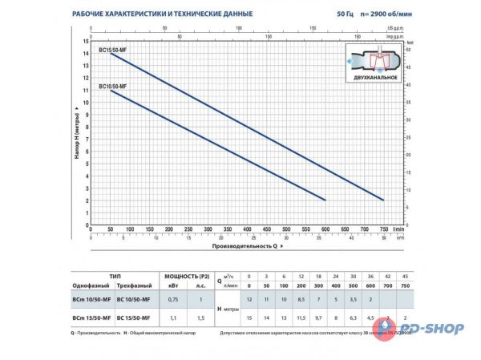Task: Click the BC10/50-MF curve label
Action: [x=111, y=85]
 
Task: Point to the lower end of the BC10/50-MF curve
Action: [x=325, y=200]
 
